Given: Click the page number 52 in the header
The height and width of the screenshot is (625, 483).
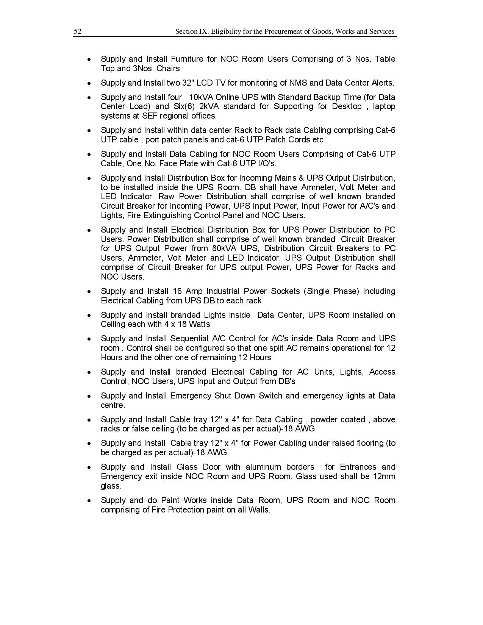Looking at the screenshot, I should coord(77,31).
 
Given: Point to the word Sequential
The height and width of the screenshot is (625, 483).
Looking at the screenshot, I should coord(189,339).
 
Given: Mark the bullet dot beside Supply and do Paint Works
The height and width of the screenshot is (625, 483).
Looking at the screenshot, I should coord(89,501).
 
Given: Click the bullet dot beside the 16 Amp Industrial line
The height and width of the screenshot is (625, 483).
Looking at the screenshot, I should coord(89,292).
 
